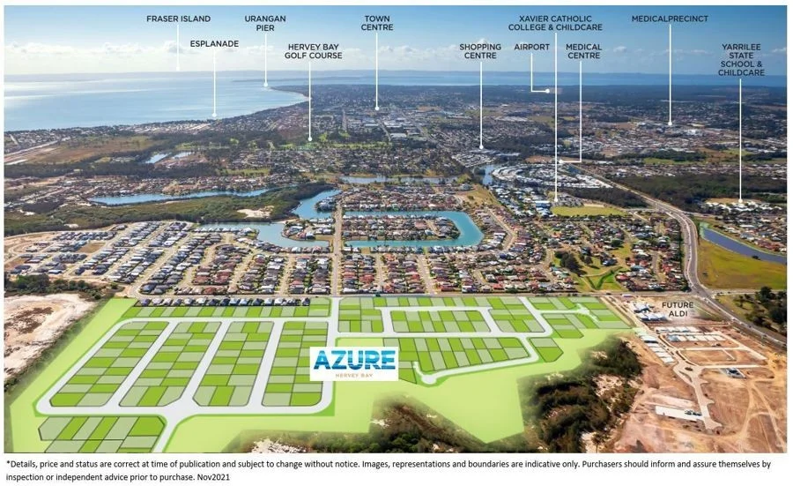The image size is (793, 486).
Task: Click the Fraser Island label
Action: [178, 18]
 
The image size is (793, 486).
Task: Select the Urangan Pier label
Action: [265, 23]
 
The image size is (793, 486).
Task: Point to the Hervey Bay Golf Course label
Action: [313, 50]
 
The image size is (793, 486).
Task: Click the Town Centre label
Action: [376, 23]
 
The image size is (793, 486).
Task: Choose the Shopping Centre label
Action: [480, 51]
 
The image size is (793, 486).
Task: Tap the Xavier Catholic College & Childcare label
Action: [555, 23]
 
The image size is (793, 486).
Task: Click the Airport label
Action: [531, 47]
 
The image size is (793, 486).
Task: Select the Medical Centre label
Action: [583, 51]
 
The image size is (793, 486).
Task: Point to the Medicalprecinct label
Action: [669, 18]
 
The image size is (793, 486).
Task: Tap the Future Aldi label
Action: [676, 310]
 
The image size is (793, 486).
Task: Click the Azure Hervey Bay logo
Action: [353, 363]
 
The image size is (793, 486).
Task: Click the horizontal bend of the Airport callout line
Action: [541, 90]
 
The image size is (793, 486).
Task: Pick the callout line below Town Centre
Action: [376, 71]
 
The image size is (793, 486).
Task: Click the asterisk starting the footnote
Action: [8, 461]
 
